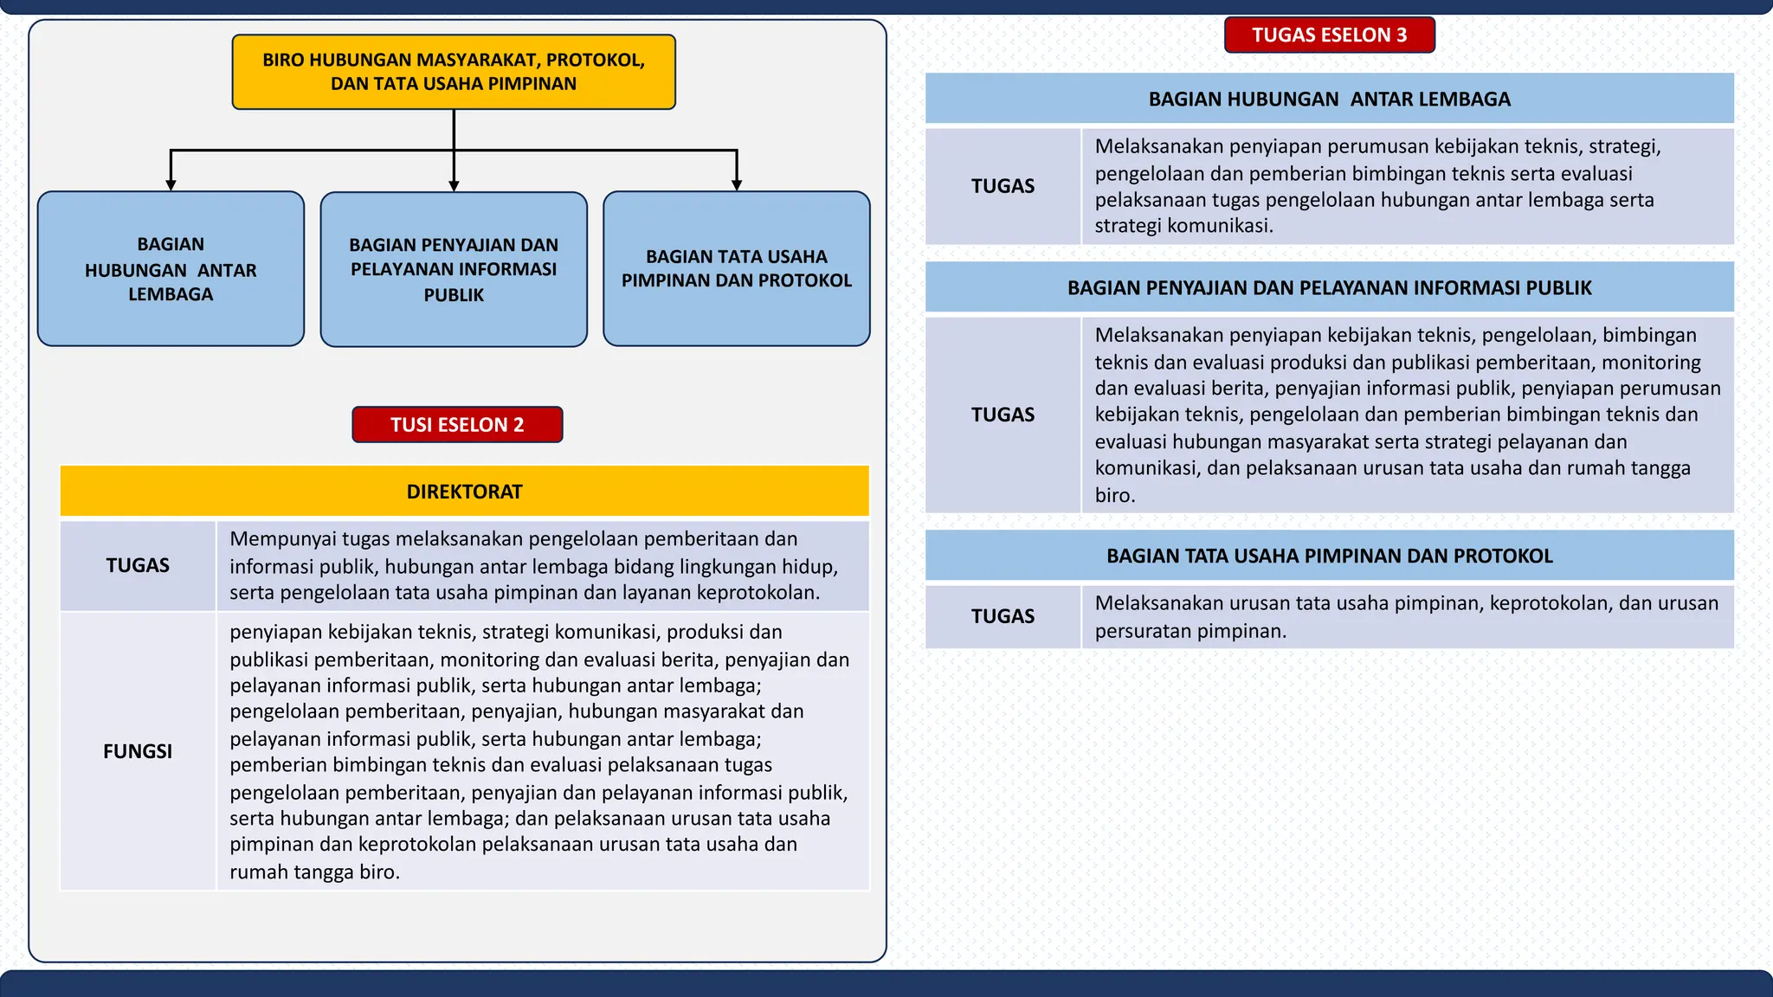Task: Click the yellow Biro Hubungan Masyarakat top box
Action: click(454, 72)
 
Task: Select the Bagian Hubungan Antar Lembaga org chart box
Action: click(171, 269)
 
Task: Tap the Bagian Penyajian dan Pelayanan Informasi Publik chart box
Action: click(454, 269)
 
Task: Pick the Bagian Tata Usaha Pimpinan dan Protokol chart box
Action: click(737, 269)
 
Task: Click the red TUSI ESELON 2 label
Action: click(457, 425)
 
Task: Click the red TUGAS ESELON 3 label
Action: click(1329, 35)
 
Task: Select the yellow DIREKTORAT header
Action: click(464, 492)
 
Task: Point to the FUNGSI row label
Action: click(138, 751)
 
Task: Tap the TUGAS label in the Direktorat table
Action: click(138, 565)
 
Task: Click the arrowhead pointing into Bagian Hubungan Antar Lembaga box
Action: click(171, 184)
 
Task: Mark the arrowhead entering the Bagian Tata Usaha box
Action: click(737, 184)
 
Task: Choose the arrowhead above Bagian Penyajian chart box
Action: click(454, 185)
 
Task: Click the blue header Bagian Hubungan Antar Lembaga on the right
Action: click(1329, 99)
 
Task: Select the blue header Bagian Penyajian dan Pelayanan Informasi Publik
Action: click(1329, 287)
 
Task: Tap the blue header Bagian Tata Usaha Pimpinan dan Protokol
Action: click(1329, 556)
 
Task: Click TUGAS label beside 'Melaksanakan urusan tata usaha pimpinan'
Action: click(1003, 616)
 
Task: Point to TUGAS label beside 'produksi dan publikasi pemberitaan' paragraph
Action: click(1003, 415)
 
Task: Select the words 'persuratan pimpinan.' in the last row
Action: click(1190, 631)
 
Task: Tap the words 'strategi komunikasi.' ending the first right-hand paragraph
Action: click(1183, 226)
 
